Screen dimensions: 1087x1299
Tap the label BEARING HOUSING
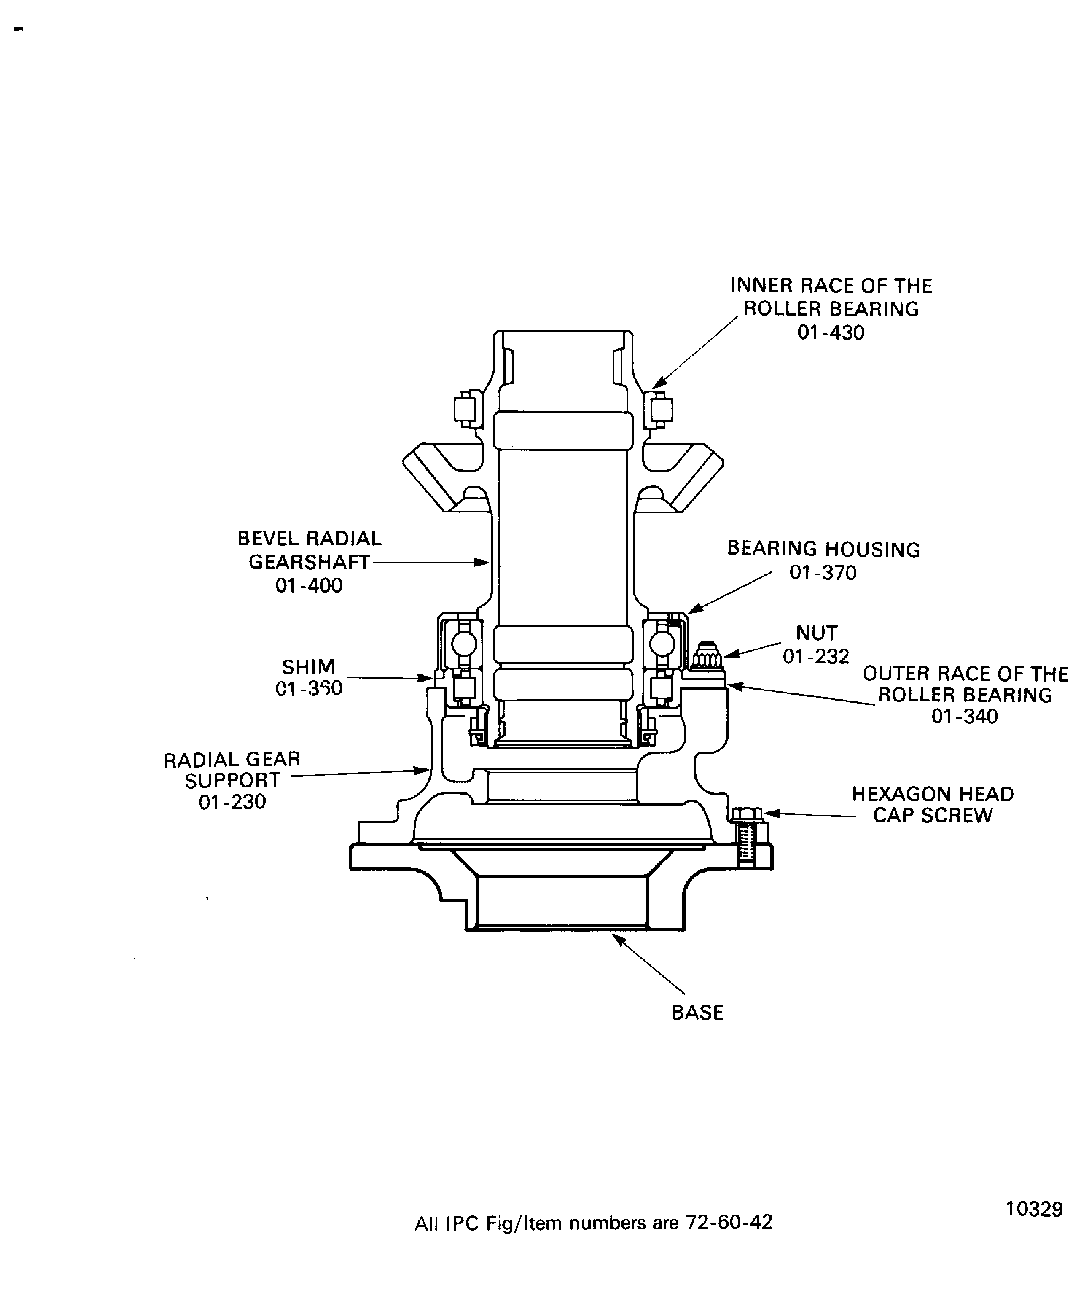pyautogui.click(x=823, y=549)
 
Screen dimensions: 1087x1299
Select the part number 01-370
pyautogui.click(x=823, y=573)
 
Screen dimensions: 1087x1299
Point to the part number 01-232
pyautogui.click(x=816, y=656)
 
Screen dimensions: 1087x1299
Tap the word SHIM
pyautogui.click(x=308, y=667)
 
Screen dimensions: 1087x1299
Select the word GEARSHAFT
pyautogui.click(x=309, y=562)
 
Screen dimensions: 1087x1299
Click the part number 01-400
pyautogui.click(x=309, y=585)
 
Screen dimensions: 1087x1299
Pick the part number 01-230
pyautogui.click(x=232, y=802)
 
